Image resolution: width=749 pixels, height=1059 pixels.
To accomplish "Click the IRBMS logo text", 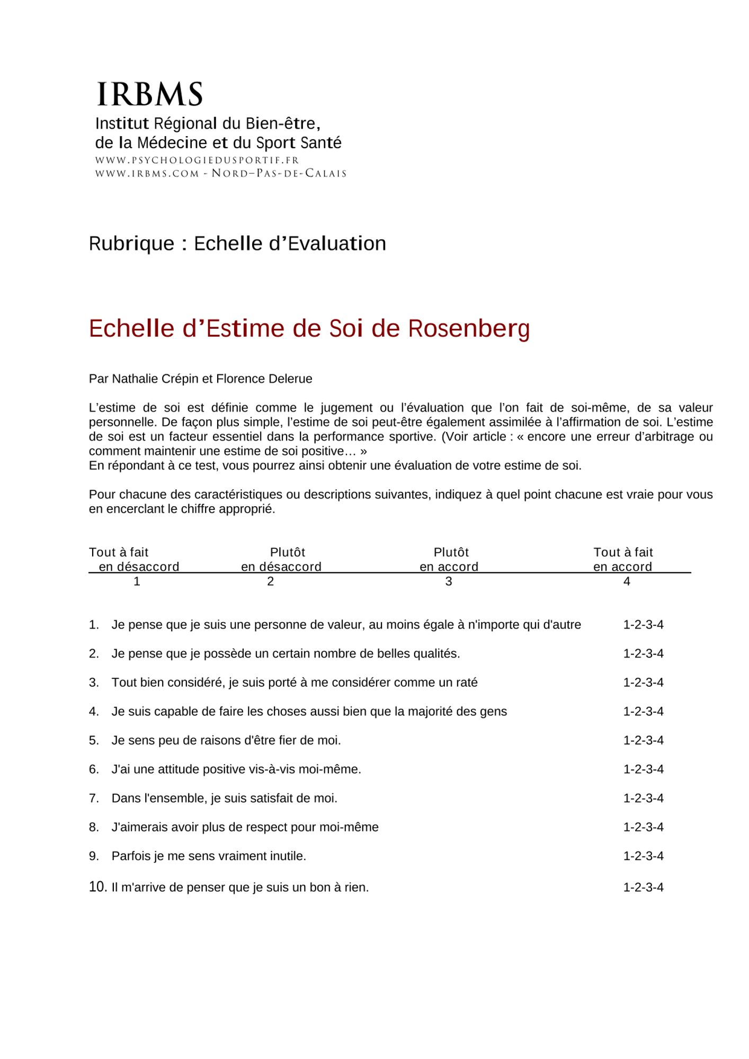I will point(150,94).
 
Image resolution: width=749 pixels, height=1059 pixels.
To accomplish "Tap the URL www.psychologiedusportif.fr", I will point(197,160).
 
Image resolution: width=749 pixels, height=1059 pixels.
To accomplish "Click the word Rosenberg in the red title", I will point(469,329).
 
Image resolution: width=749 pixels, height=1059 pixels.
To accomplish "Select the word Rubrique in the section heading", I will point(131,244).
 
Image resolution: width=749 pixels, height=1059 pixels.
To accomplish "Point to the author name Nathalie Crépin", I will point(155,379).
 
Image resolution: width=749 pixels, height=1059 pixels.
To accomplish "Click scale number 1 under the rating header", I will point(137,581).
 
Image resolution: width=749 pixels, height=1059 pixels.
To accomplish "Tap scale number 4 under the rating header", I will point(627,581).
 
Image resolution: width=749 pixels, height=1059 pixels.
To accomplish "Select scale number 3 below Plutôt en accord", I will point(449,581).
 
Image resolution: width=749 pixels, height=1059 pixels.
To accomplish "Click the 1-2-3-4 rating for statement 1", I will point(643,625).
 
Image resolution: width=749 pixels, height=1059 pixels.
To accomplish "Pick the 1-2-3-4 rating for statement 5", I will point(643,740).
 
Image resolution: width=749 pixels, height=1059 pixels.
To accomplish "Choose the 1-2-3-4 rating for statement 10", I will point(643,887).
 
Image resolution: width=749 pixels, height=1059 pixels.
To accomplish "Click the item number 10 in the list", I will point(98,887).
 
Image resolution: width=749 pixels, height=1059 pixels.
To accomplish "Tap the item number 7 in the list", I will point(94,798).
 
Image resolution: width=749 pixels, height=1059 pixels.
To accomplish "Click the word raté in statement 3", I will point(466,683).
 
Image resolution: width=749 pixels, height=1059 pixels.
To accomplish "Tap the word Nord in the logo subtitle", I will point(229,174).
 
